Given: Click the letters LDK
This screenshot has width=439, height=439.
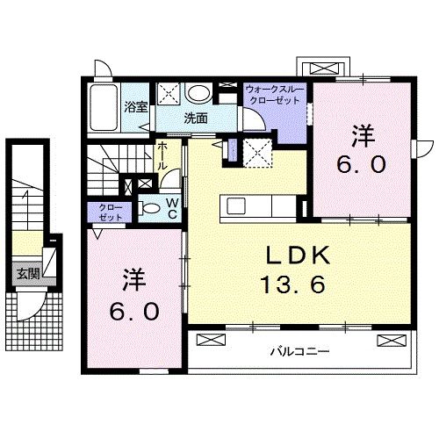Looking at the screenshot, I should point(299,256).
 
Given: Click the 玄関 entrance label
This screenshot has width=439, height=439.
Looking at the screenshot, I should point(27,273).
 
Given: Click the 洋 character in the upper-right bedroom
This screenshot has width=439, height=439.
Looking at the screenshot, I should point(362,135).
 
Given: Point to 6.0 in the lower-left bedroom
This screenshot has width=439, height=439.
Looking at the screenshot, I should point(134,311).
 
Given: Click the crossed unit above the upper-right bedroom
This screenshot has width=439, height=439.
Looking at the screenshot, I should point(321,68).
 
